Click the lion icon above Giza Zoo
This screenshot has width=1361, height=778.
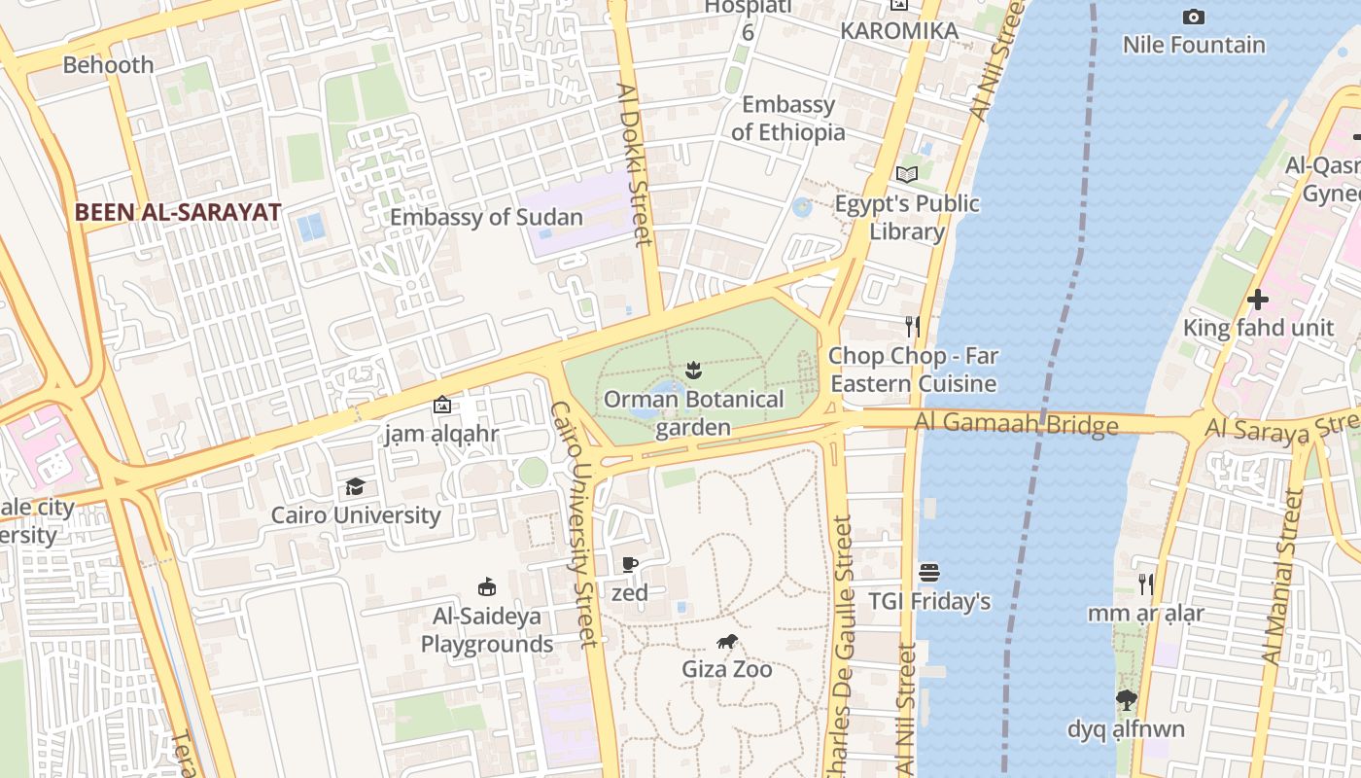coord(726,641)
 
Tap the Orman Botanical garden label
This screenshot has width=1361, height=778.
coord(693,413)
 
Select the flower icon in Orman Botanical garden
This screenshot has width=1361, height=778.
coord(693,370)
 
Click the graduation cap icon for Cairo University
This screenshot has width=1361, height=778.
coord(355,486)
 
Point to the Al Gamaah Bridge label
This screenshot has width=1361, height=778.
coord(1015,424)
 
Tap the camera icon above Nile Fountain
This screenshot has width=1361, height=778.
coord(1193,17)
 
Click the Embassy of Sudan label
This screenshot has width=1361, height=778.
coord(486,217)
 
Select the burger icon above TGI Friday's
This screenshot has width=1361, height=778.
coord(929,572)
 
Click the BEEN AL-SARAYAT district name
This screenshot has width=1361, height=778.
coord(178,212)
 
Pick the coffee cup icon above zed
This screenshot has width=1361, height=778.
coord(630,564)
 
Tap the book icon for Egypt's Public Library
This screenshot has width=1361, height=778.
coord(906,174)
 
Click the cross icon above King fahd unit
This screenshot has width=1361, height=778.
coord(1258,299)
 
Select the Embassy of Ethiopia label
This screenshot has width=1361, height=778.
coord(787,118)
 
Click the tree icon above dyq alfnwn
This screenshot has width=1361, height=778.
coord(1126,699)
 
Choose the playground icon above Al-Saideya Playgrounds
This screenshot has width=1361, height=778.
coord(487,586)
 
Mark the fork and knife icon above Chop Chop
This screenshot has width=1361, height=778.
coord(912,326)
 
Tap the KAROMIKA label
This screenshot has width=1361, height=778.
coord(899,30)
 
